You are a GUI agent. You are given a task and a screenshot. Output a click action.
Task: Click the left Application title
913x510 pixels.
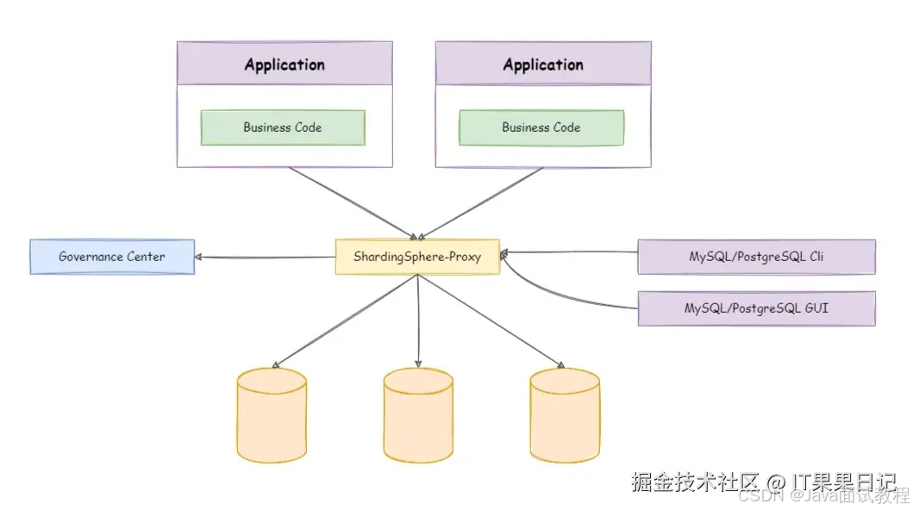tap(285, 65)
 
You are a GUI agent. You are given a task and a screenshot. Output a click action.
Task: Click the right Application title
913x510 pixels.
tap(543, 65)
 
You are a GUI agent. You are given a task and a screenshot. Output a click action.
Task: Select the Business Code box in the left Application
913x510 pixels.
tap(283, 127)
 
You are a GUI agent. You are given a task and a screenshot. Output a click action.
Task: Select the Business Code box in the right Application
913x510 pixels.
tap(541, 127)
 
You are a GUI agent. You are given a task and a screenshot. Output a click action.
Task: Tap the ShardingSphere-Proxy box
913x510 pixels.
tap(417, 257)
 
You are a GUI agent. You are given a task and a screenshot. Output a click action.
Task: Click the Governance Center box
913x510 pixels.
tap(112, 257)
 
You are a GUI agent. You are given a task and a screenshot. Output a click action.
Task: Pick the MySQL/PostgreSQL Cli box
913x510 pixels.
tap(756, 257)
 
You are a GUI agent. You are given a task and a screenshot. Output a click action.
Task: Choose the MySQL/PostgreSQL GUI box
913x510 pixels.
tap(756, 308)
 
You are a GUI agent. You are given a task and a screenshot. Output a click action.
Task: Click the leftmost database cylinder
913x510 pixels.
tap(271, 415)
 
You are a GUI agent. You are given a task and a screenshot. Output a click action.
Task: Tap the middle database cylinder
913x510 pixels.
tap(418, 415)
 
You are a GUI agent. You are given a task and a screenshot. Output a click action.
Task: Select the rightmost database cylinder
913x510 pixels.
tap(565, 415)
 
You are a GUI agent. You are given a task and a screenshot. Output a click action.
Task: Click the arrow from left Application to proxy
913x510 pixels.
tap(353, 202)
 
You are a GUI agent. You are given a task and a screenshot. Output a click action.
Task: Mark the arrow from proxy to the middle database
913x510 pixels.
tap(418, 319)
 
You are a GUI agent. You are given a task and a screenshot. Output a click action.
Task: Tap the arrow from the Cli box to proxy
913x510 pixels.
tap(569, 252)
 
